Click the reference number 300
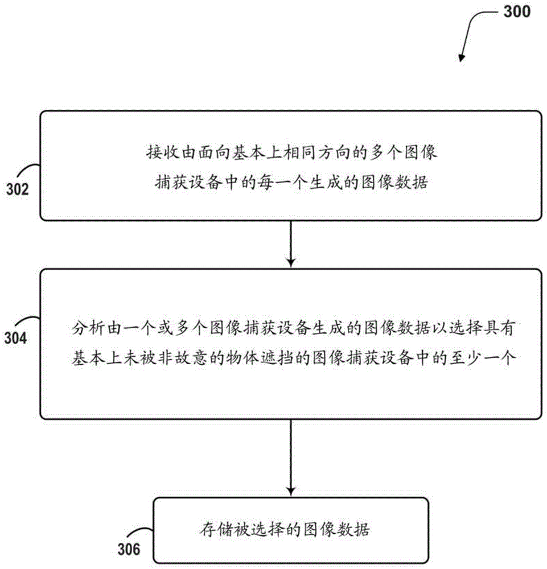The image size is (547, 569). [515, 11]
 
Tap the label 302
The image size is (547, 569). [18, 189]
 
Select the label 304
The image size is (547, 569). [16, 339]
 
